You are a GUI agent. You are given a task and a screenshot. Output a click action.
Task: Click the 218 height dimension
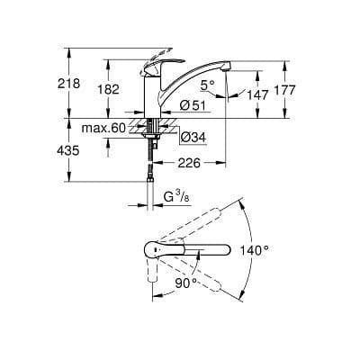pyautogui.click(x=69, y=84)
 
